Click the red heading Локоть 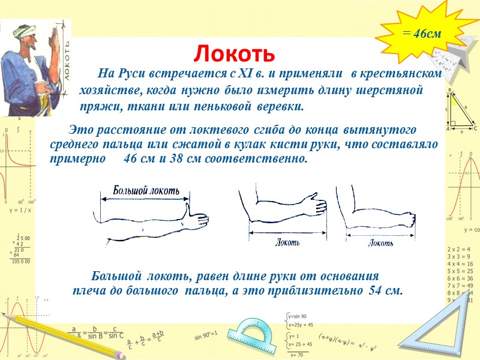click(x=234, y=54)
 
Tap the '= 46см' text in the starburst click(x=422, y=34)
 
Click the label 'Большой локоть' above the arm click(x=146, y=191)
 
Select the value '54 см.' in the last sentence click(x=383, y=290)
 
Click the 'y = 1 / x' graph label click(x=20, y=211)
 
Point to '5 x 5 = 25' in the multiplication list click(x=460, y=271)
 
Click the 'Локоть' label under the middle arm click(x=287, y=242)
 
